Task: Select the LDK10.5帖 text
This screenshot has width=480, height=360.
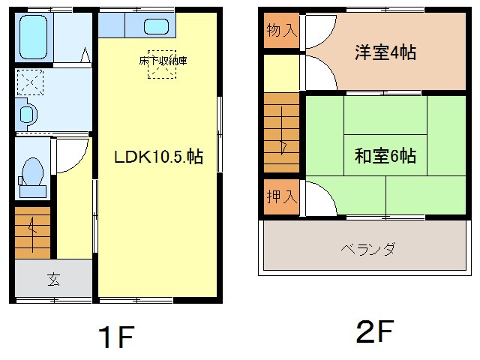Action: point(158,158)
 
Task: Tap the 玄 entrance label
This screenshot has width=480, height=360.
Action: point(53,280)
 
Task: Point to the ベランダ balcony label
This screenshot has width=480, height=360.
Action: point(367,248)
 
